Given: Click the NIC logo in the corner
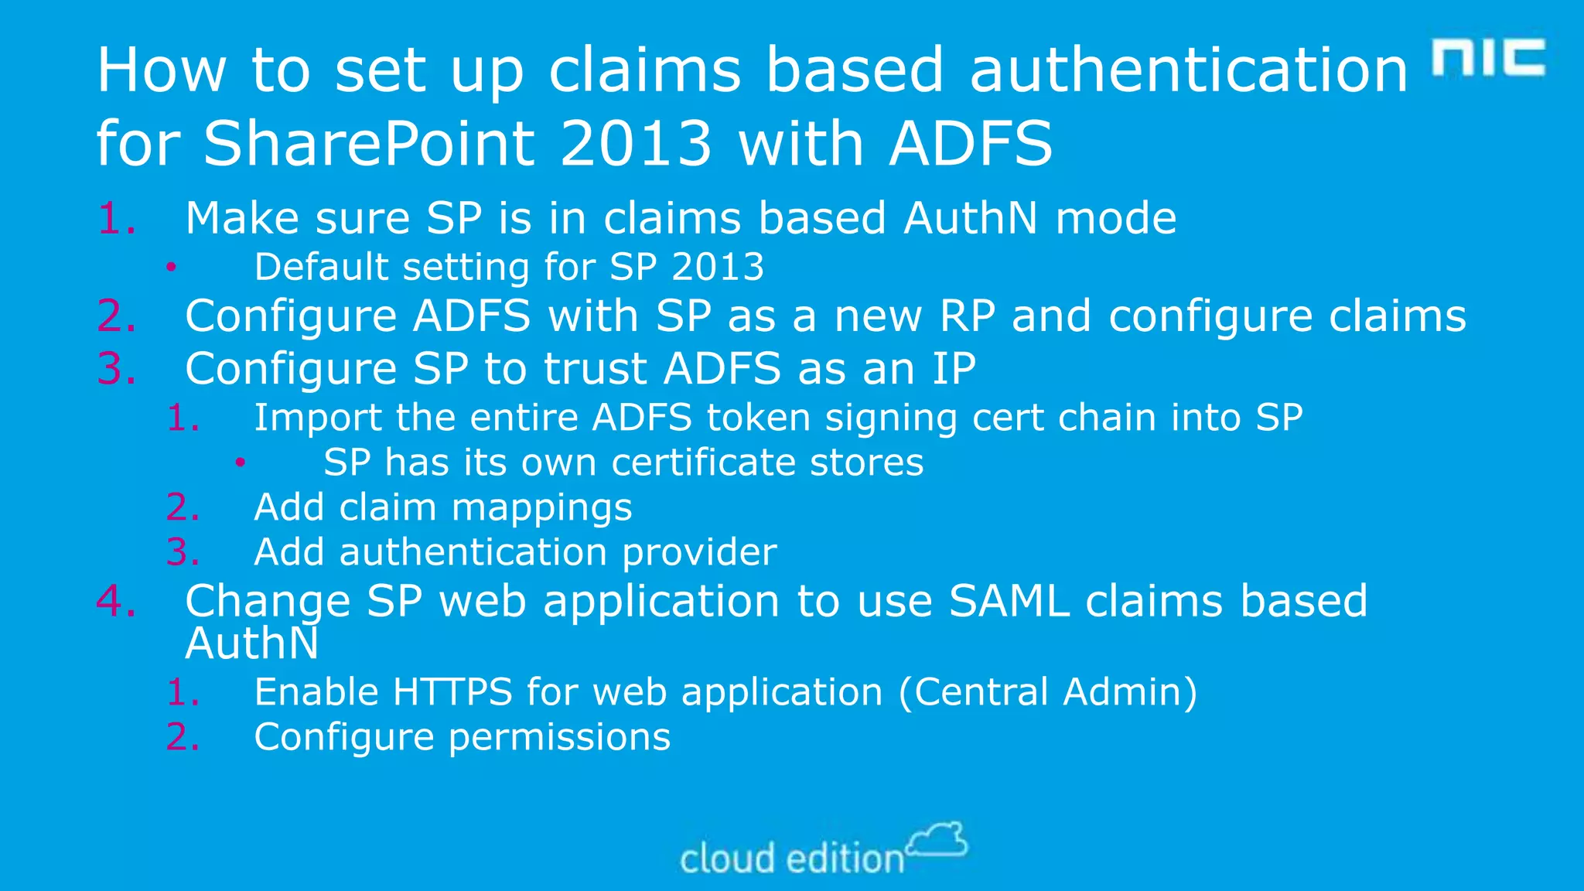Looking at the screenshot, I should (1488, 57).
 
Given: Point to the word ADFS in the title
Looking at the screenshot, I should (971, 144).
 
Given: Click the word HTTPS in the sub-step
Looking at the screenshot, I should (452, 691).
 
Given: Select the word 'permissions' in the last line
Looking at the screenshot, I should (559, 737).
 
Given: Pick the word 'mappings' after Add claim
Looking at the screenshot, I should (541, 508).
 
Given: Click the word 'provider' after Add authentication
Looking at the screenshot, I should (699, 552).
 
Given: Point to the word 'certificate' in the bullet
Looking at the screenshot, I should (702, 463).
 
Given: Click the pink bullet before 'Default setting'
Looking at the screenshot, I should (171, 268).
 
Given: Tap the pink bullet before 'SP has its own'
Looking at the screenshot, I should (241, 463).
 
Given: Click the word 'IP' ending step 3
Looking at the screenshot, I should (953, 369).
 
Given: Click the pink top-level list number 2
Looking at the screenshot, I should (115, 316).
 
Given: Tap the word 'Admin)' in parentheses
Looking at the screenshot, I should (1130, 691).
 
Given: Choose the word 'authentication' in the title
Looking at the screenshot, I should (1188, 70).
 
